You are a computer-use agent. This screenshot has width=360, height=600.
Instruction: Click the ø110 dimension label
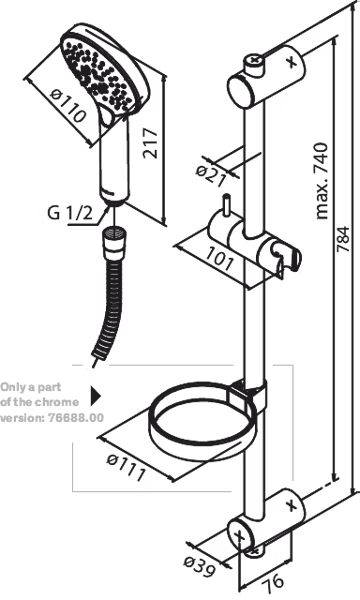(x=68, y=105)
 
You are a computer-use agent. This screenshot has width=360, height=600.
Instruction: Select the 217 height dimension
(x=150, y=143)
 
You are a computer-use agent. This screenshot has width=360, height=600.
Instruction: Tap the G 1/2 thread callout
(x=70, y=213)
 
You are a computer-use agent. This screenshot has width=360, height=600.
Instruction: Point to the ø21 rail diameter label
(x=211, y=175)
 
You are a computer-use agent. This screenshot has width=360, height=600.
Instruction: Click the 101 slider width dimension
(x=218, y=259)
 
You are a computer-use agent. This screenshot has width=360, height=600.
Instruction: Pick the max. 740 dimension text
(x=321, y=181)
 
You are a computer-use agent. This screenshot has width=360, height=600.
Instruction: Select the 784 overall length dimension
(x=343, y=239)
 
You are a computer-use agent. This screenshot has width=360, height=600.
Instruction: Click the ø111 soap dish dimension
(x=126, y=468)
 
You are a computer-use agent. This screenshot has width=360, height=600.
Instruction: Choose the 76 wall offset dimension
(x=274, y=580)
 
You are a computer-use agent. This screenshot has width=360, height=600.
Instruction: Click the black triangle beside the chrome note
(x=96, y=396)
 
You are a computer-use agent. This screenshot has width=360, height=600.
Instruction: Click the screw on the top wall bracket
(x=255, y=60)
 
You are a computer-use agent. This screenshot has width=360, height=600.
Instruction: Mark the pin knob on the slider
(x=227, y=206)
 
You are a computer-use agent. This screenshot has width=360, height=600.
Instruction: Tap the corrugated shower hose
(x=108, y=307)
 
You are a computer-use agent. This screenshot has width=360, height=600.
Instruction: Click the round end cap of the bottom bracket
(x=241, y=535)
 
